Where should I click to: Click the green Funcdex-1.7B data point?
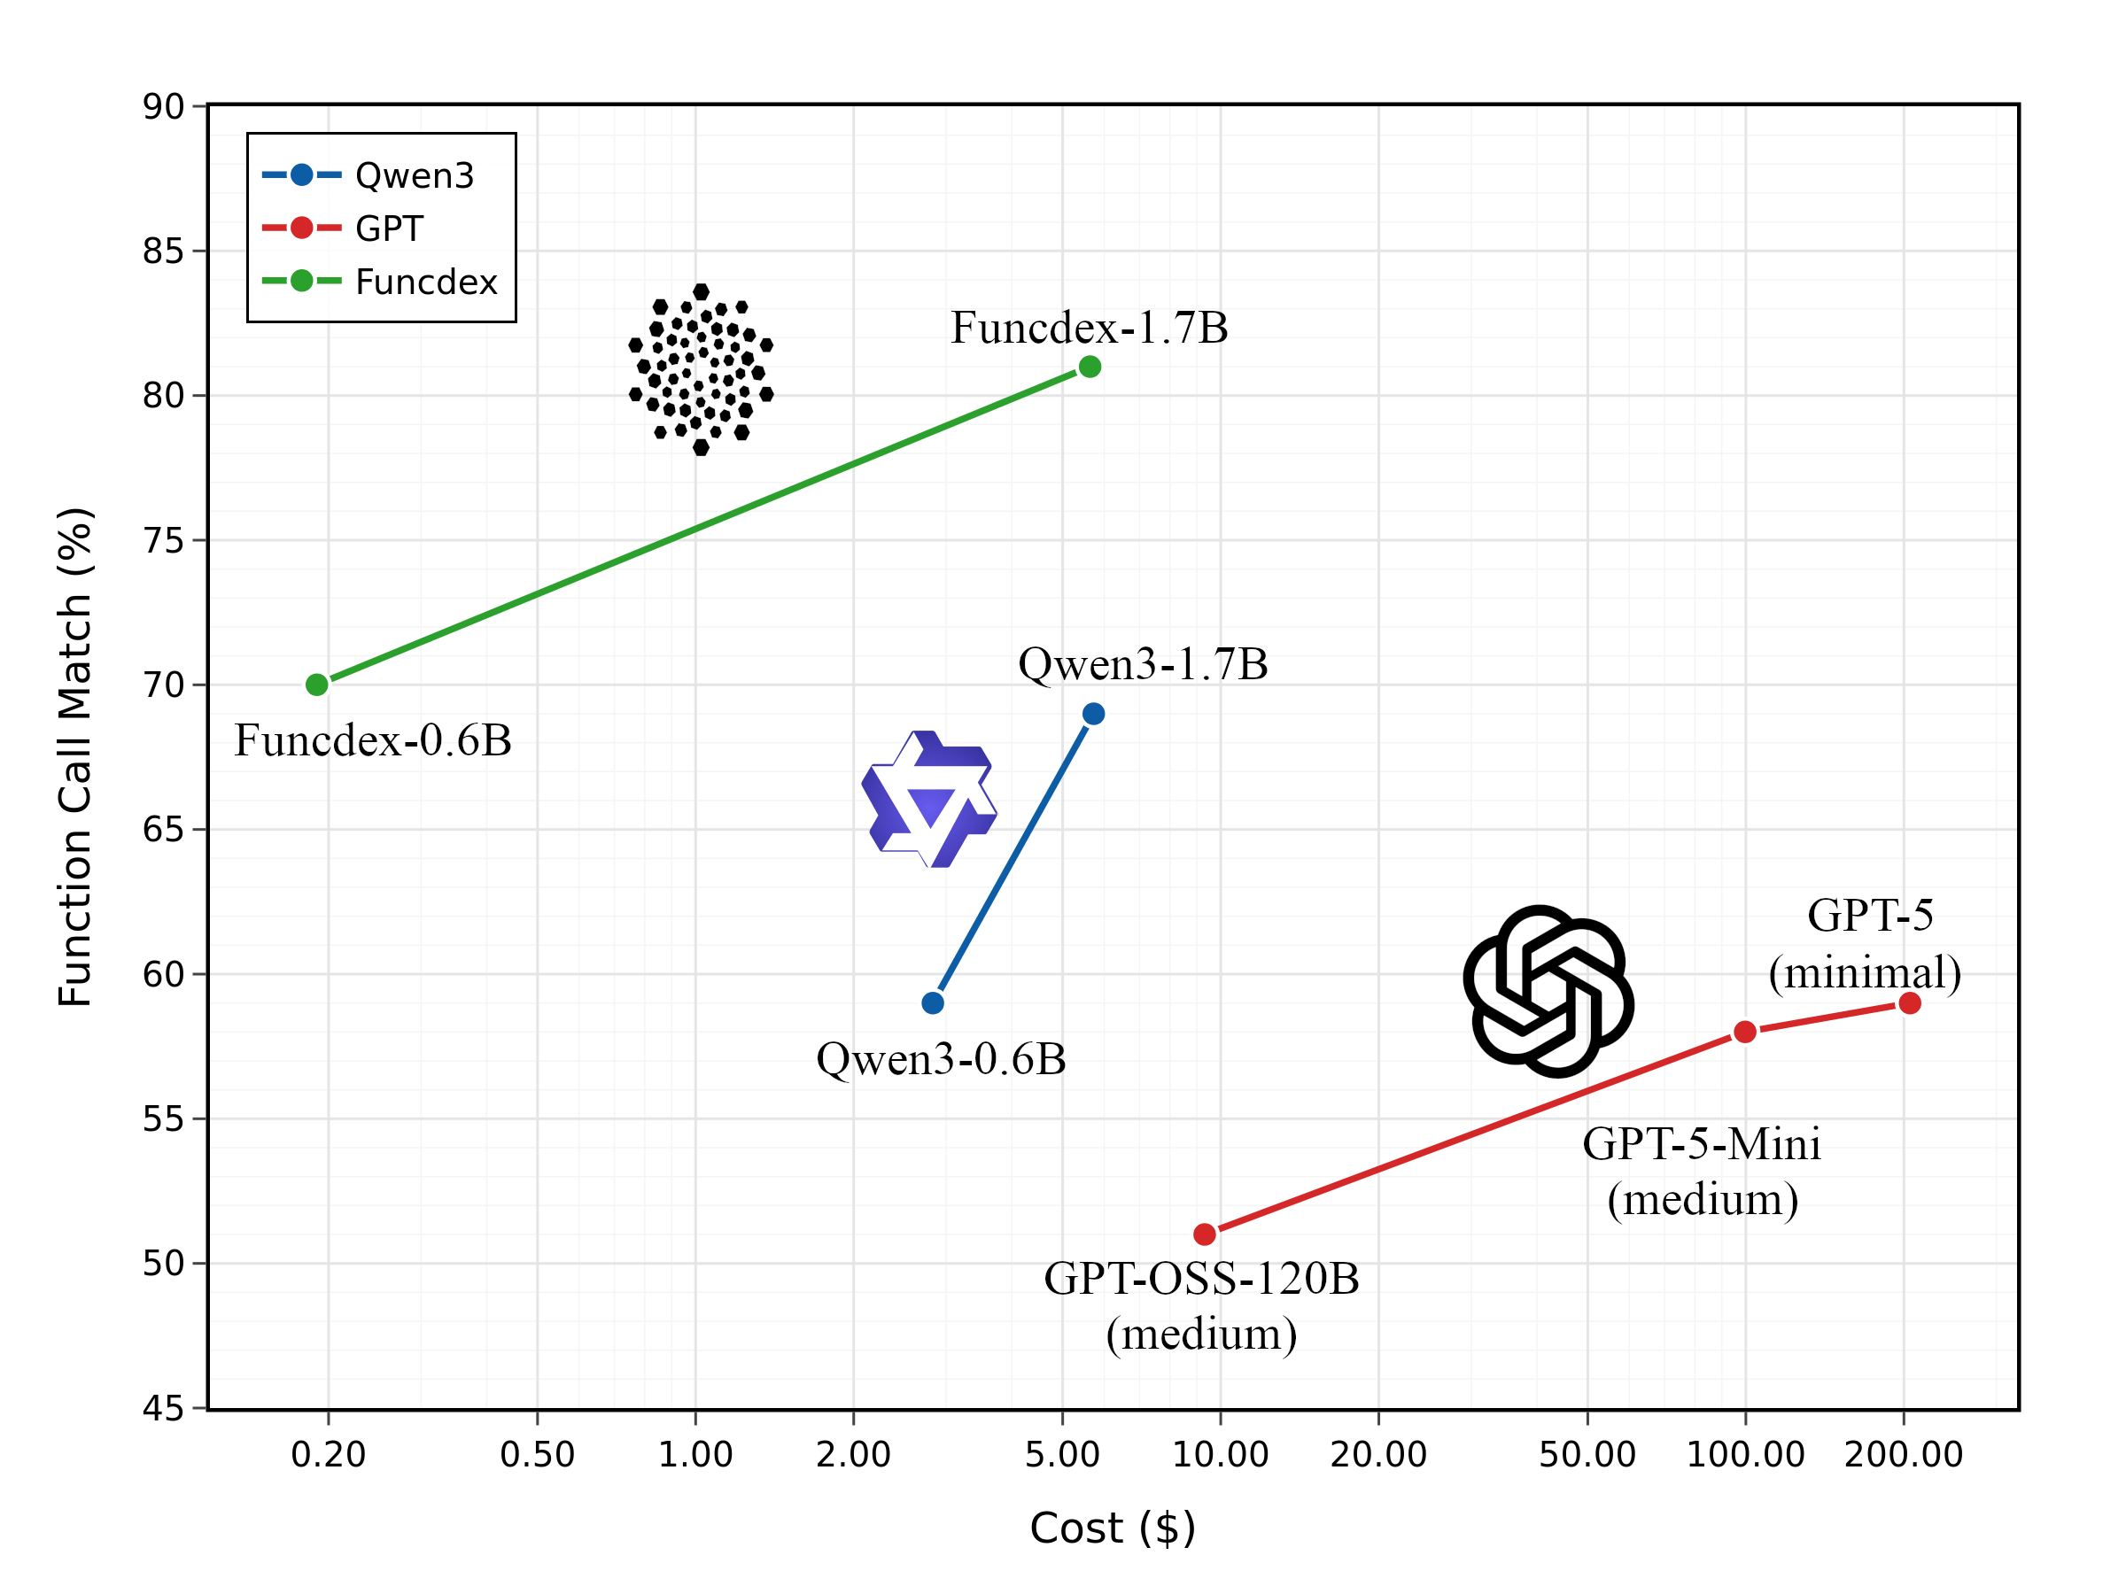point(1089,366)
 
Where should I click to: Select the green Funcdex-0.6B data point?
point(317,685)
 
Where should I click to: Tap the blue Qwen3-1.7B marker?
point(1093,714)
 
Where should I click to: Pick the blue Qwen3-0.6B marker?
point(932,1003)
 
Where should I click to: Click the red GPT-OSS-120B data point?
point(1204,1234)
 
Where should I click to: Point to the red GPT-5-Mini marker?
point(1744,1032)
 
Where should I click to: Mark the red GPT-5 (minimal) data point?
point(1910,1003)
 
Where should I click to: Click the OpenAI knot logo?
point(1548,991)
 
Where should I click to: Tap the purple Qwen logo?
point(928,800)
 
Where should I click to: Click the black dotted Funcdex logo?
point(701,370)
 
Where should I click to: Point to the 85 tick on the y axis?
point(162,251)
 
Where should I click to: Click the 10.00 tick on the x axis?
point(1220,1454)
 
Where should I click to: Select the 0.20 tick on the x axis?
point(328,1454)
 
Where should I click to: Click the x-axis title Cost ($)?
point(1112,1528)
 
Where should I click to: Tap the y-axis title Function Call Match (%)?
point(75,756)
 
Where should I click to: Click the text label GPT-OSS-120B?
point(1201,1279)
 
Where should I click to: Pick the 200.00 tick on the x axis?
point(1903,1454)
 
